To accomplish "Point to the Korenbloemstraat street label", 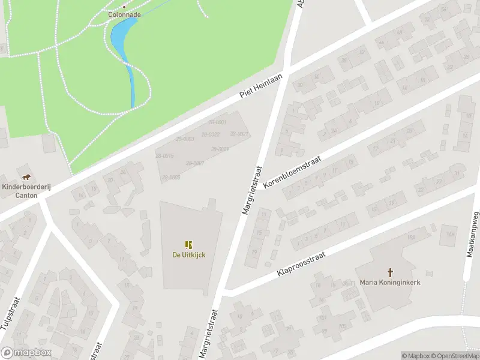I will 293,173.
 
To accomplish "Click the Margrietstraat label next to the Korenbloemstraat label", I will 252,190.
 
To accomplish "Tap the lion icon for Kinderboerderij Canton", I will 26,176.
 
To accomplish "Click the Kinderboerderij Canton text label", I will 26,190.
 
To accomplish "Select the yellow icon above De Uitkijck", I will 188,244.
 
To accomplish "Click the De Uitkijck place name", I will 188,255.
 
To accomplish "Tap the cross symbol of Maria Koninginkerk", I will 390,272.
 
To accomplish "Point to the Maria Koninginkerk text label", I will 390,282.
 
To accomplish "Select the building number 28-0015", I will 166,156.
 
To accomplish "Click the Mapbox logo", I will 25,352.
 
